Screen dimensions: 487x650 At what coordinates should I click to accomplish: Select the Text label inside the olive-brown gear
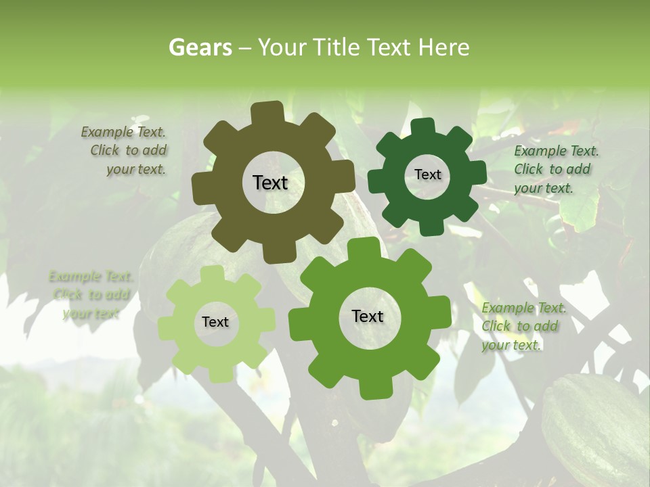[270, 183]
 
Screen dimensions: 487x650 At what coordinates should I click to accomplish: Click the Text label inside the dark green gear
[427, 175]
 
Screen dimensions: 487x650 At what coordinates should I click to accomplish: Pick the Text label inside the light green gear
[215, 323]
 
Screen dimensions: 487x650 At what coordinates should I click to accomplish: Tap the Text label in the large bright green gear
[368, 317]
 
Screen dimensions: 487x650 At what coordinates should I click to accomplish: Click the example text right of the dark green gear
[555, 169]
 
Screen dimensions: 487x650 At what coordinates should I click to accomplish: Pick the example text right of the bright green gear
[523, 326]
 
